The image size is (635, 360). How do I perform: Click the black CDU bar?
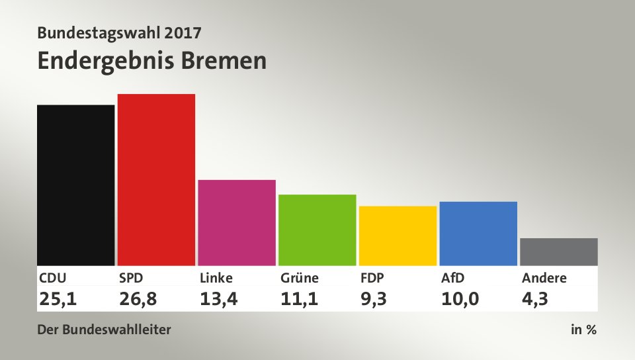click(x=75, y=185)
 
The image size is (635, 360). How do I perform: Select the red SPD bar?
click(x=156, y=179)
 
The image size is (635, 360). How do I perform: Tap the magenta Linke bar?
click(x=237, y=222)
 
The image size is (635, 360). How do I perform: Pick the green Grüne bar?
click(x=317, y=230)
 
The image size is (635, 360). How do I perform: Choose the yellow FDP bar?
click(x=398, y=236)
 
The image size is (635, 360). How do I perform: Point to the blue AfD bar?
click(x=478, y=233)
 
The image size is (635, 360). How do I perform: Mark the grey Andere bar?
click(x=559, y=251)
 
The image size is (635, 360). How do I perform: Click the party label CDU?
click(x=53, y=278)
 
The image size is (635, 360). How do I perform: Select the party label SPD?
click(x=132, y=278)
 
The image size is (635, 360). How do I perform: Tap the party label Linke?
click(x=216, y=278)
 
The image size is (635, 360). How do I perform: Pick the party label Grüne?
click(x=299, y=278)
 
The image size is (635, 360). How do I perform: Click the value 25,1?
click(x=58, y=299)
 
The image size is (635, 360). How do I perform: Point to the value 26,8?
click(x=138, y=299)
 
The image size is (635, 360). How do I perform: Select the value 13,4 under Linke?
click(x=219, y=299)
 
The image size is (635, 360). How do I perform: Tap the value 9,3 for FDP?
click(x=374, y=299)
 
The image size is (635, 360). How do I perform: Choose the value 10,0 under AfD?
click(x=461, y=299)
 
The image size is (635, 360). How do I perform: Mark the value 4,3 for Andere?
click(x=534, y=299)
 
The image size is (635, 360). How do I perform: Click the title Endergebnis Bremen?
click(x=152, y=60)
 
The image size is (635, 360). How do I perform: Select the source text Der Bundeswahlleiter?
click(x=105, y=330)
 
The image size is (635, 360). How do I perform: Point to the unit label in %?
click(x=583, y=330)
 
